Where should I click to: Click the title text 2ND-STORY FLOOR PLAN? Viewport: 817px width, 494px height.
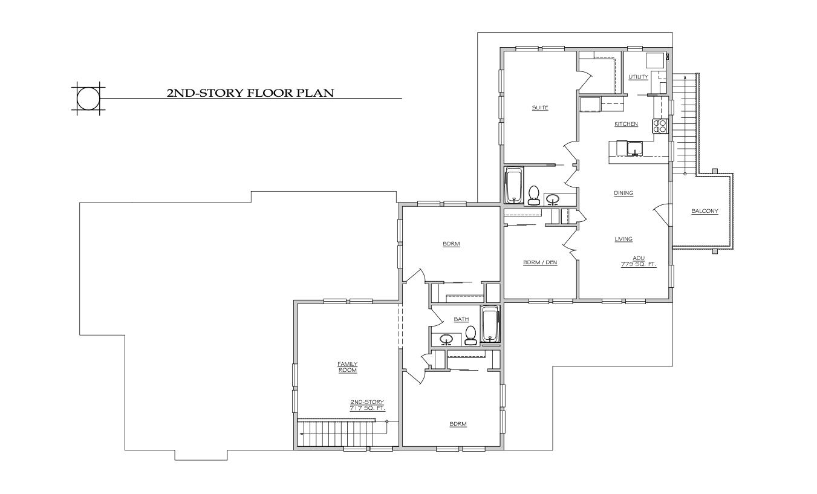[250, 93]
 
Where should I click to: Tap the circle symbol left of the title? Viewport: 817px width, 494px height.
[87, 97]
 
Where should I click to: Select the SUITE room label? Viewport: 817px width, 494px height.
[539, 108]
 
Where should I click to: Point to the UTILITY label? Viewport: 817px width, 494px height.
[638, 77]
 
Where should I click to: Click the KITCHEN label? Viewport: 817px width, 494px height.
[626, 124]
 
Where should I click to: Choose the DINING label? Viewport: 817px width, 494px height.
[623, 193]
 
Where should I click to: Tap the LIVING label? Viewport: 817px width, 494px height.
[623, 239]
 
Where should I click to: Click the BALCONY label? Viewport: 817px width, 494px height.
[705, 211]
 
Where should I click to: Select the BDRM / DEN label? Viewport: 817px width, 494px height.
[539, 262]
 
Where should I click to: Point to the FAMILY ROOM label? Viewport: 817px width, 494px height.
[347, 366]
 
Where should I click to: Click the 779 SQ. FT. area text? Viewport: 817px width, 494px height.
[639, 264]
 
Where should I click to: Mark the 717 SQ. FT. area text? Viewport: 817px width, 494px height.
[367, 409]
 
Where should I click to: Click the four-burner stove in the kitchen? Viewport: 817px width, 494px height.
[659, 126]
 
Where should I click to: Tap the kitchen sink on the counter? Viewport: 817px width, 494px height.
[635, 148]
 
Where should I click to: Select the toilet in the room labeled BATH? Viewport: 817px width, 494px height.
[471, 335]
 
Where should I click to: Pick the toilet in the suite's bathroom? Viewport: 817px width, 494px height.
[533, 195]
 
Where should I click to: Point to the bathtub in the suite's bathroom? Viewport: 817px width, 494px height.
[513, 186]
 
